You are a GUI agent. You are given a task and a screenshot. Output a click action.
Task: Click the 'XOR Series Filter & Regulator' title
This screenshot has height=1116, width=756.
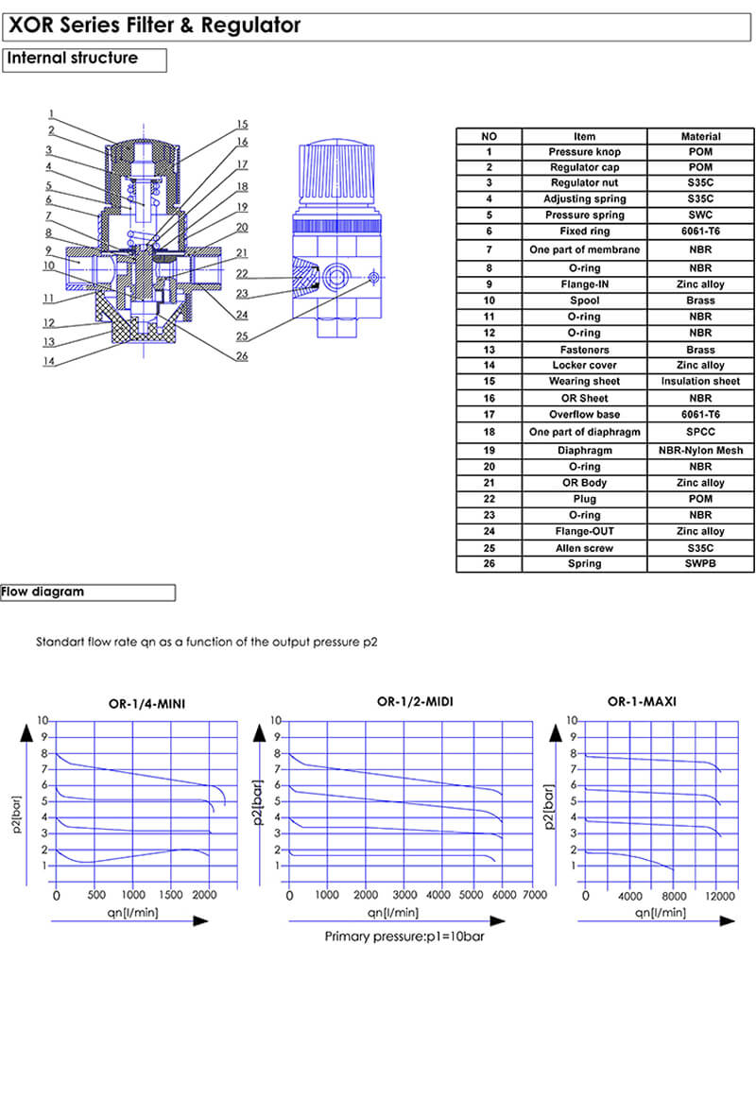click(155, 26)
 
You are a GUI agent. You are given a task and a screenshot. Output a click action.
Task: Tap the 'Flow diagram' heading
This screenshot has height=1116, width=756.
click(43, 592)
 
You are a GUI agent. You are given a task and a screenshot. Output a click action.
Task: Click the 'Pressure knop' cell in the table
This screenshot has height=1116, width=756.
click(584, 151)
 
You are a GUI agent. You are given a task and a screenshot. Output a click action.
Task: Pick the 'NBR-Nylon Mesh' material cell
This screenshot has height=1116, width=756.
click(700, 451)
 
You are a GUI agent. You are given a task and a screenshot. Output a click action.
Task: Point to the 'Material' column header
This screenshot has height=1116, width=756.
click(700, 136)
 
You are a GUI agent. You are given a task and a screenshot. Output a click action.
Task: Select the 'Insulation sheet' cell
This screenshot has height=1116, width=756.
click(700, 382)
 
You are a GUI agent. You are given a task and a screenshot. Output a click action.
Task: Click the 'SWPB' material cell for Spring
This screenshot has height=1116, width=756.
click(700, 564)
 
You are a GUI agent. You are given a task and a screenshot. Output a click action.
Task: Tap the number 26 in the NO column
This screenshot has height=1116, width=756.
click(489, 564)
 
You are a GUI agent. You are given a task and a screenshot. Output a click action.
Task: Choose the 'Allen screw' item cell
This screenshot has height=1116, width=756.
click(584, 548)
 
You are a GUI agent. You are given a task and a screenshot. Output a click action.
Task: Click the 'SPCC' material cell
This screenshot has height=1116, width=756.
click(700, 431)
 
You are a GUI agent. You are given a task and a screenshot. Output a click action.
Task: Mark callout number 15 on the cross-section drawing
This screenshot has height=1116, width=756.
click(242, 125)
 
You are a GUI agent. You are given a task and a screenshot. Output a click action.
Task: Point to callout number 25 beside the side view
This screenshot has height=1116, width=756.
click(242, 336)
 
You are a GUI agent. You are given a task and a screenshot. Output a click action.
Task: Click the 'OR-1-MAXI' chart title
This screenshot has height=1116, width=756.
click(642, 701)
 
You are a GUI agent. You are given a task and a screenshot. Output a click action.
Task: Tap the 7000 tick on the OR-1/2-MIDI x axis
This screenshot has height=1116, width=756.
click(535, 895)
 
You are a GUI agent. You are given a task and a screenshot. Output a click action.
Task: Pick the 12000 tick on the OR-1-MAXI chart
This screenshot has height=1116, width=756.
click(719, 895)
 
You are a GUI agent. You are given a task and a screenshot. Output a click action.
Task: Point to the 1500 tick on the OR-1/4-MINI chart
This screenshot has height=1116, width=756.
click(170, 895)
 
